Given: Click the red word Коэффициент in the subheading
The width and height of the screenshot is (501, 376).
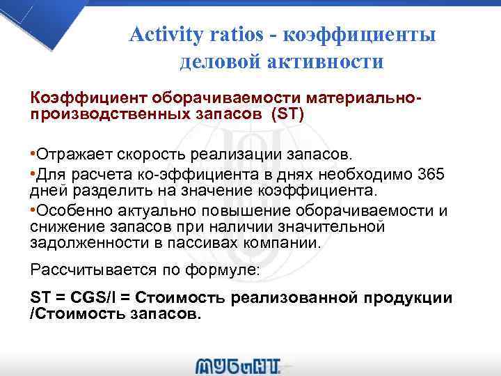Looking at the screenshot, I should pyautogui.click(x=84, y=99).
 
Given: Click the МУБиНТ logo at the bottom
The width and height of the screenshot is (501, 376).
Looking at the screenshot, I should pyautogui.click(x=239, y=364).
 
